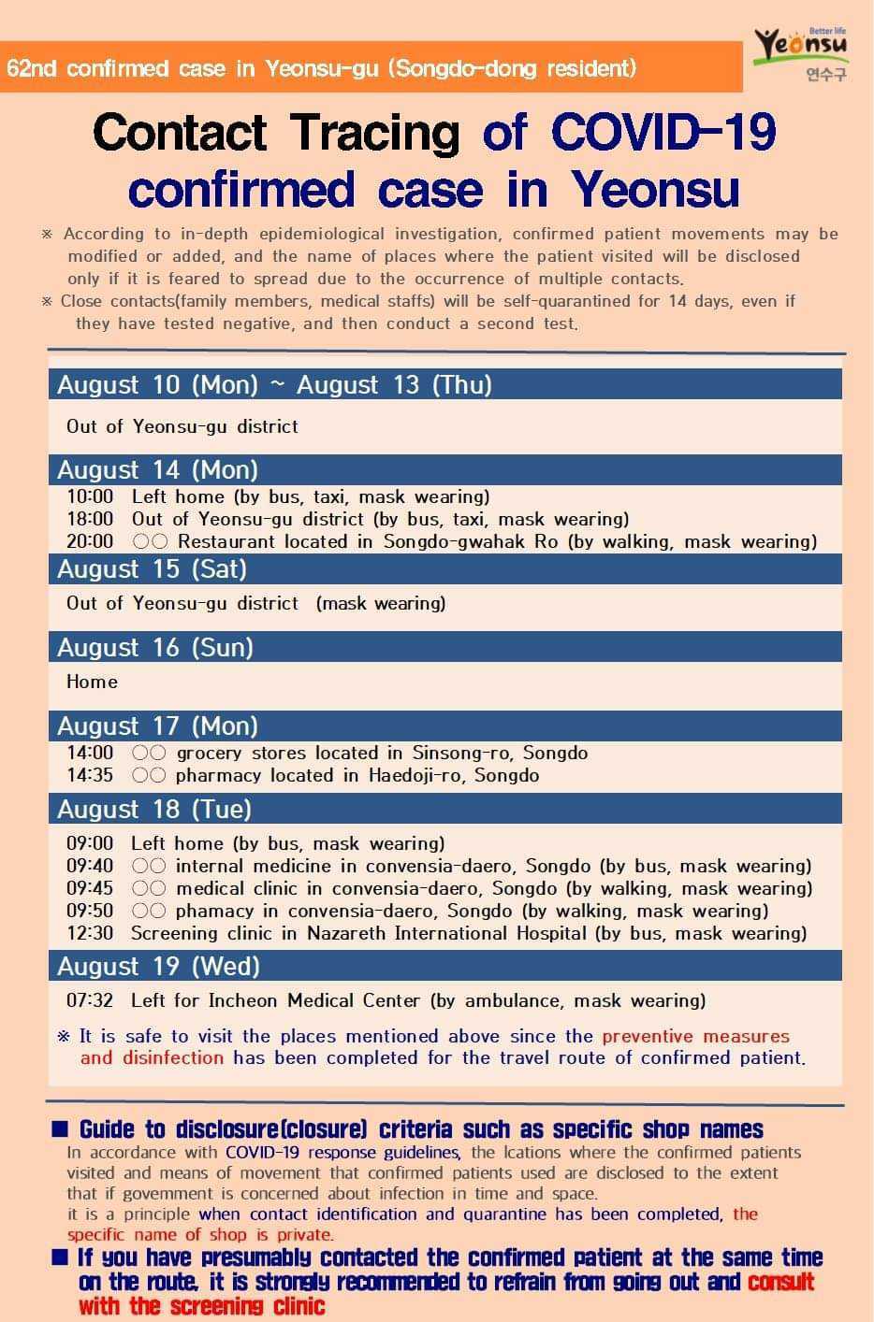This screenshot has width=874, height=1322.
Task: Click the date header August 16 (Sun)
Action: point(155,647)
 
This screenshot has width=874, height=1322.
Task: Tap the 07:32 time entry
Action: point(90,999)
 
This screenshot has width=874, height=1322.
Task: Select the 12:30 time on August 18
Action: point(90,932)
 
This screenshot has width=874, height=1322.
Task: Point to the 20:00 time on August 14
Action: point(90,541)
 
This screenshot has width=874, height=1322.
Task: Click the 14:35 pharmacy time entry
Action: point(90,775)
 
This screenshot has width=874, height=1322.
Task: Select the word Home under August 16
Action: point(92,682)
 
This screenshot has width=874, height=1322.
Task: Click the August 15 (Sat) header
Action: point(153,568)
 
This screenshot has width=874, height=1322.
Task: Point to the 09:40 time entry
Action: point(90,866)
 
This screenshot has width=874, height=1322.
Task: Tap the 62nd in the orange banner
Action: point(32,68)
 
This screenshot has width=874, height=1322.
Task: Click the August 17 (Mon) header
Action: point(157,726)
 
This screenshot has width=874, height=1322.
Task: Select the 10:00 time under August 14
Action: point(90,496)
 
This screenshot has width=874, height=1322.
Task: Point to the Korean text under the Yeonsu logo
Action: point(826,74)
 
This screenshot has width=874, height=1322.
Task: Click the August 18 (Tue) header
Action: point(154,809)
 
